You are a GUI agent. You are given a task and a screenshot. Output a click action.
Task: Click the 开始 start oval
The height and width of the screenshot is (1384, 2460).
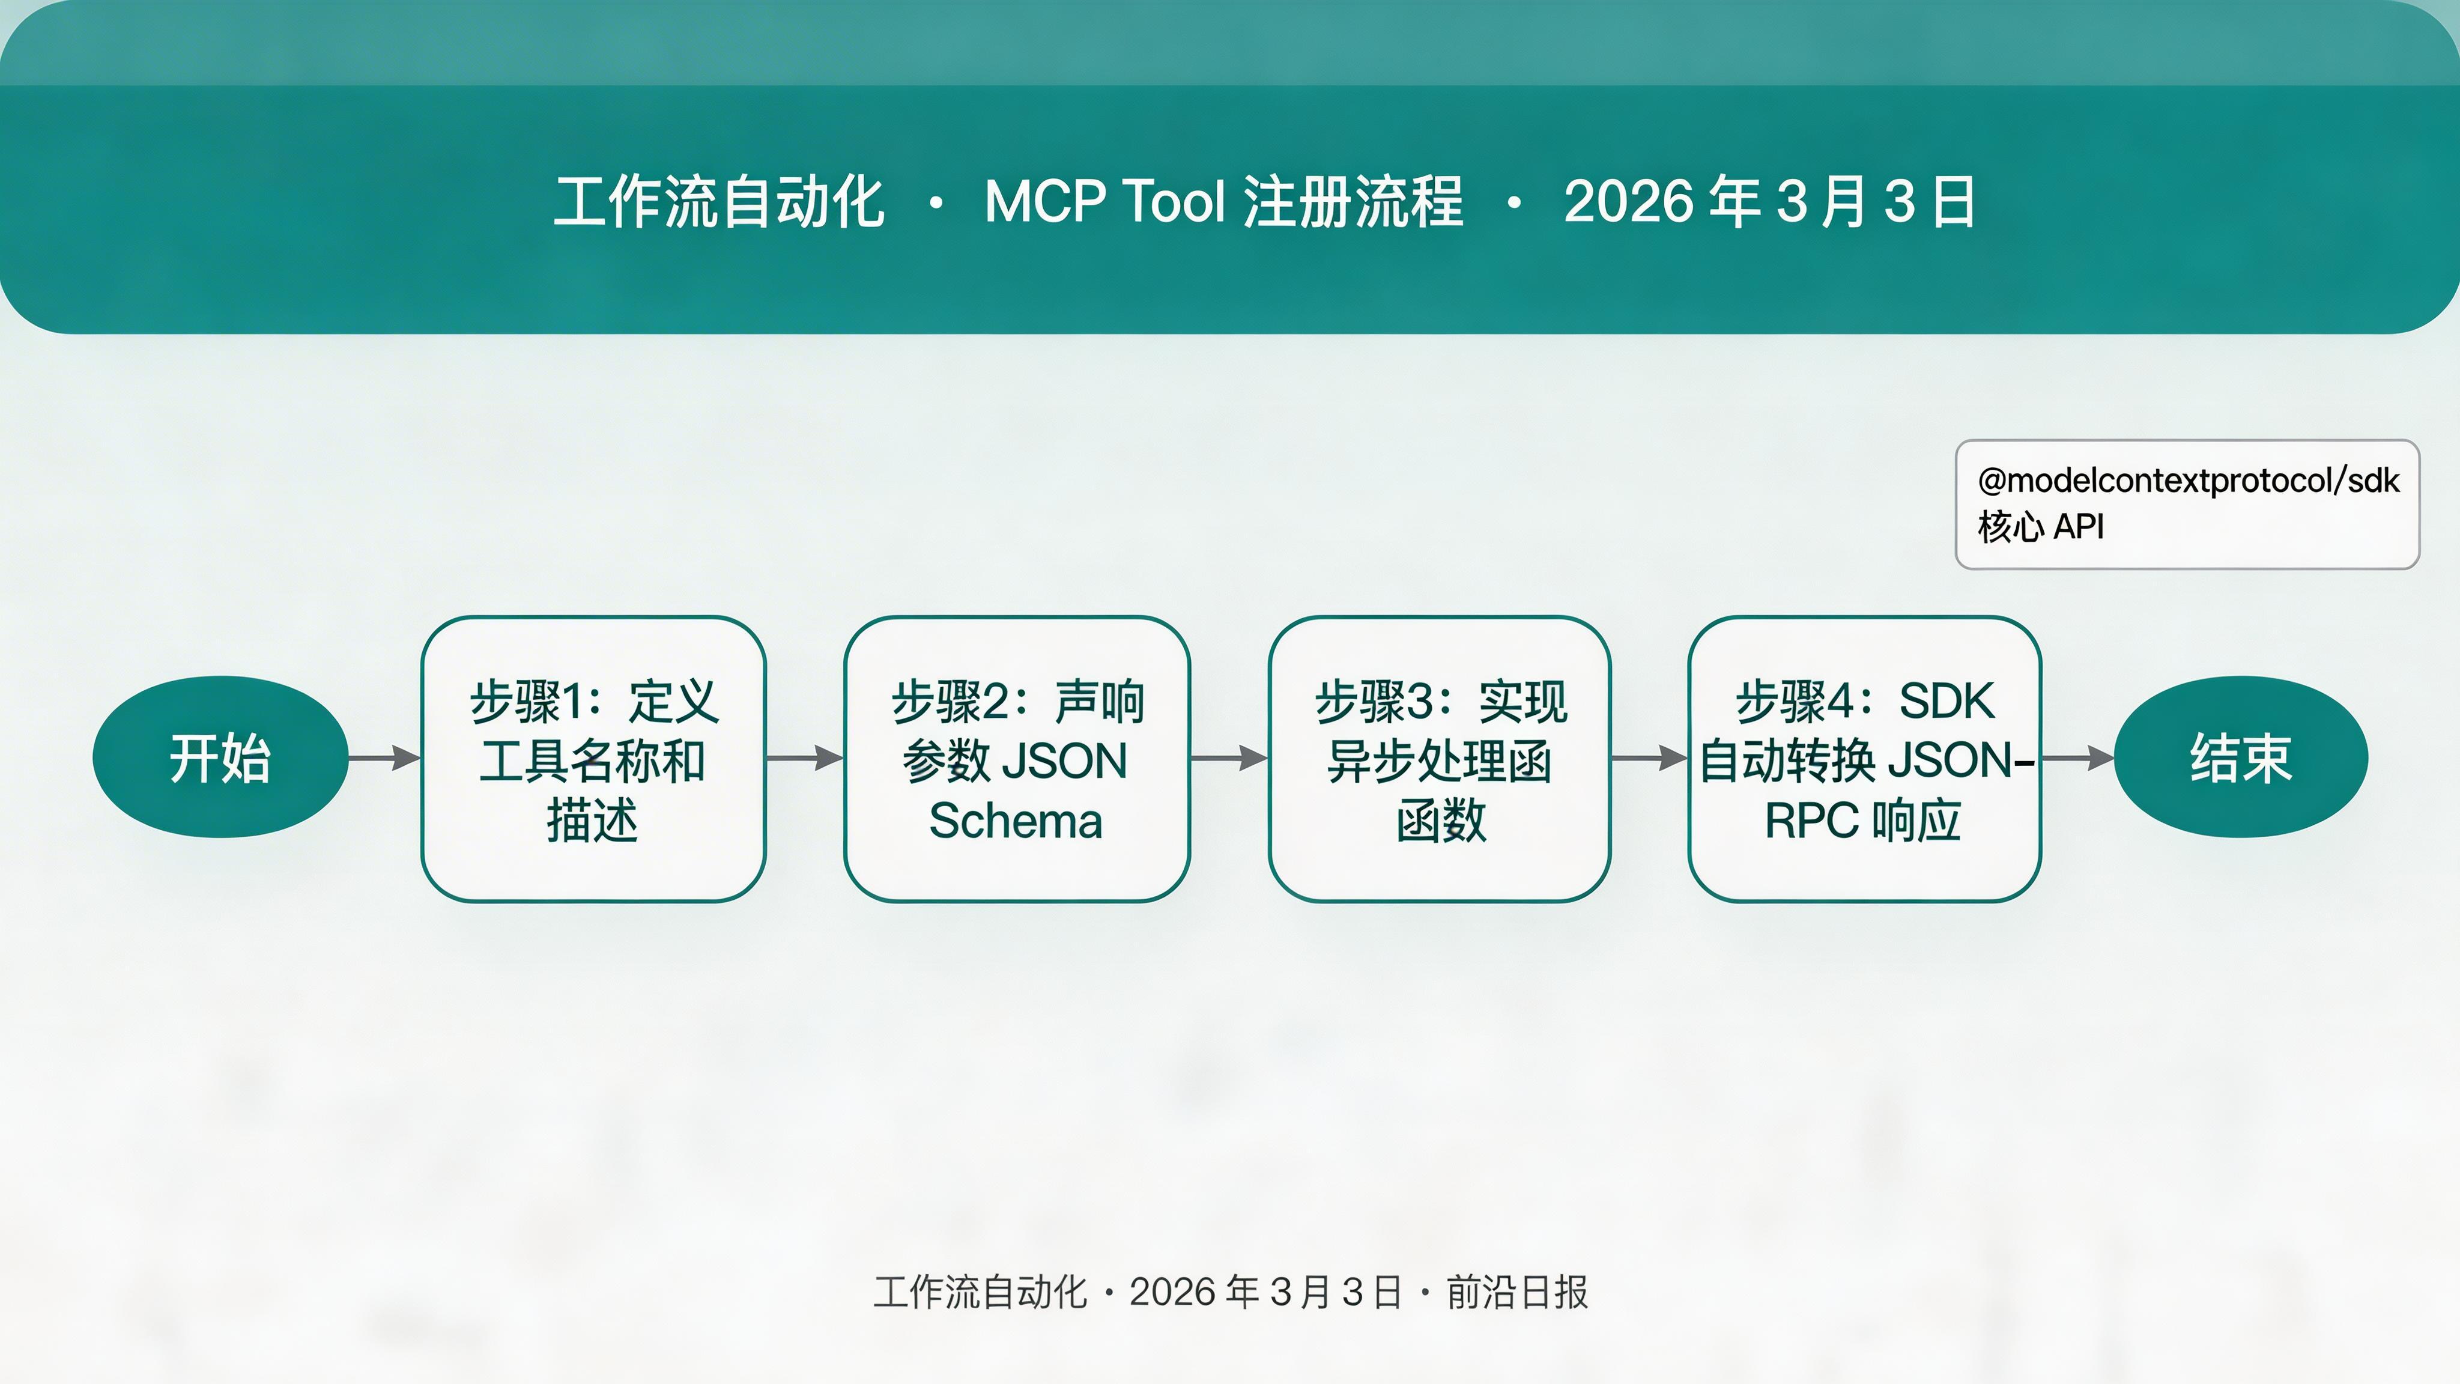tap(220, 757)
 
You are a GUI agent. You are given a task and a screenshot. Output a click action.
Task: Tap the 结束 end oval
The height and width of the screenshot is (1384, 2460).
tap(2240, 757)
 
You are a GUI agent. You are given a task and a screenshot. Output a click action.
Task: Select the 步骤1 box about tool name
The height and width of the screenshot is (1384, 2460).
tap(593, 759)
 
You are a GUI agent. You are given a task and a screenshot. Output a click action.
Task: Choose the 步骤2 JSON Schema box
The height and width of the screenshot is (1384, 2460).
tap(1016, 759)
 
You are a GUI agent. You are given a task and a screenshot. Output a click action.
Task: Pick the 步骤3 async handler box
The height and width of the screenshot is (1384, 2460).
tap(1439, 759)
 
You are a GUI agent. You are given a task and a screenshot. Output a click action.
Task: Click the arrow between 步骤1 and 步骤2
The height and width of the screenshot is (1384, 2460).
tap(805, 759)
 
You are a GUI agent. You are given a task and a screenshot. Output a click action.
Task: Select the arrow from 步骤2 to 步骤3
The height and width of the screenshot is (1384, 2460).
tap(1229, 759)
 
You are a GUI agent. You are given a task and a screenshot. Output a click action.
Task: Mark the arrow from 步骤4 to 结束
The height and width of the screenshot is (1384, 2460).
tap(2077, 759)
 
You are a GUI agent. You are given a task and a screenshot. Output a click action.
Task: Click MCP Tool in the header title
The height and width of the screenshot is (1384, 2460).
tap(1104, 202)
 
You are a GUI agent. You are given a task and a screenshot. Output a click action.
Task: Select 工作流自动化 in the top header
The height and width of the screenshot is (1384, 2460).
tap(719, 202)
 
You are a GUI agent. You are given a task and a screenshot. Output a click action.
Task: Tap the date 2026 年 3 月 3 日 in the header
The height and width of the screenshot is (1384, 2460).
tap(1769, 202)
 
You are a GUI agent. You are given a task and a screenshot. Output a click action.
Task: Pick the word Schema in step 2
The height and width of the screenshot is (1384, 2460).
tap(1016, 821)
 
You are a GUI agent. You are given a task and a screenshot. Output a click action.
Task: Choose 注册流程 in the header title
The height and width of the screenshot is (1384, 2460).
tap(1353, 202)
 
